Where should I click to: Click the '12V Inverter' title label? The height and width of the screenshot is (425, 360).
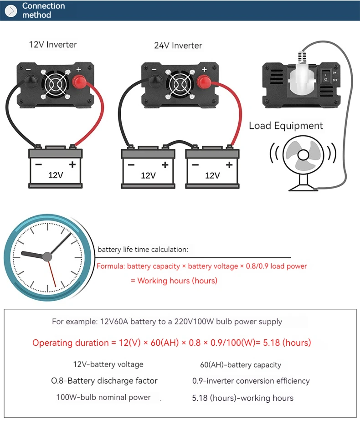tap(53, 45)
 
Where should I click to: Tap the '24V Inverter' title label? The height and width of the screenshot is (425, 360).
tap(178, 46)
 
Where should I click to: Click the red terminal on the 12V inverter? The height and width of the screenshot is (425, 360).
tap(80, 82)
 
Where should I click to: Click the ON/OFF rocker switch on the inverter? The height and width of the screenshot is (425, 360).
tap(326, 77)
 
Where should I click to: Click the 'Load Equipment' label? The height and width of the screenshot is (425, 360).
tap(286, 126)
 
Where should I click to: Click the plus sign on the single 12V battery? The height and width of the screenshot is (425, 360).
tap(72, 164)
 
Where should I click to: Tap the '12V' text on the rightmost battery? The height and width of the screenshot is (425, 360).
tap(213, 175)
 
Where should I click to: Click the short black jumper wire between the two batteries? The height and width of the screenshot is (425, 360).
tap(181, 142)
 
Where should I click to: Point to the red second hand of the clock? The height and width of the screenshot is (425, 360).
tap(51, 273)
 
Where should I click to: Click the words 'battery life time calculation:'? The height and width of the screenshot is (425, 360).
tap(143, 250)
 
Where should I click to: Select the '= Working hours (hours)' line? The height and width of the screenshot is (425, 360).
tap(174, 281)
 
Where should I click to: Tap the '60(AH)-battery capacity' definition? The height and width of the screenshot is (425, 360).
tap(241, 365)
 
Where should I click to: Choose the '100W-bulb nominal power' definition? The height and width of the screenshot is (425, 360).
tap(103, 397)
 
